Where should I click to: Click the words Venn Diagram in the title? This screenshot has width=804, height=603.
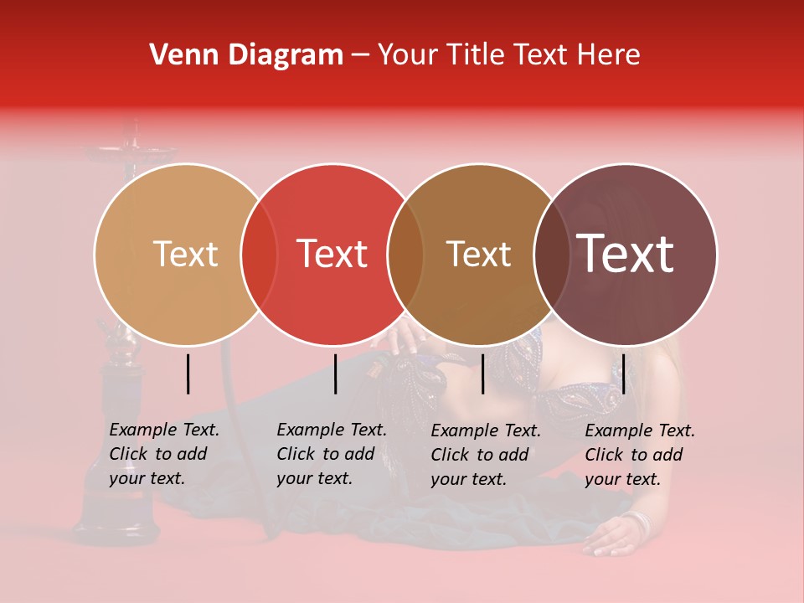(246, 55)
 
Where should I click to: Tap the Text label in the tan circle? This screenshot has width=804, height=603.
(185, 254)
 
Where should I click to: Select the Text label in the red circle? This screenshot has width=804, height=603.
(332, 254)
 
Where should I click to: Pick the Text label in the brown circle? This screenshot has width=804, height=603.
(478, 254)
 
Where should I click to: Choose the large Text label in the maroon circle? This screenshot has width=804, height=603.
(626, 254)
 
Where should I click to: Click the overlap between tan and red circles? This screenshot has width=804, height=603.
(259, 255)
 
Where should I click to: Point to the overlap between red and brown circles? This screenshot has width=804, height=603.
(405, 255)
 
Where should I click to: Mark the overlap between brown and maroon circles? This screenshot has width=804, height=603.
(549, 255)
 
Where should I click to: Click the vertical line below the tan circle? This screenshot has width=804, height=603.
(188, 374)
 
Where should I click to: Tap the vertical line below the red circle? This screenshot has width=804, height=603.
(335, 374)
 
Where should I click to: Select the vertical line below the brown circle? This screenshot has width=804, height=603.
(482, 374)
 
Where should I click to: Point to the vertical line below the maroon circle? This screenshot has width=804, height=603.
(624, 374)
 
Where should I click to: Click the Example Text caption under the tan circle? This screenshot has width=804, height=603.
(163, 454)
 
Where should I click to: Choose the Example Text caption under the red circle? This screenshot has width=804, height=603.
(331, 454)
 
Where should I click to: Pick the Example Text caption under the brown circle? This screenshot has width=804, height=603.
(485, 455)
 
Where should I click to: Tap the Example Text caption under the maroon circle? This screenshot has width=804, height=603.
(639, 455)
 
